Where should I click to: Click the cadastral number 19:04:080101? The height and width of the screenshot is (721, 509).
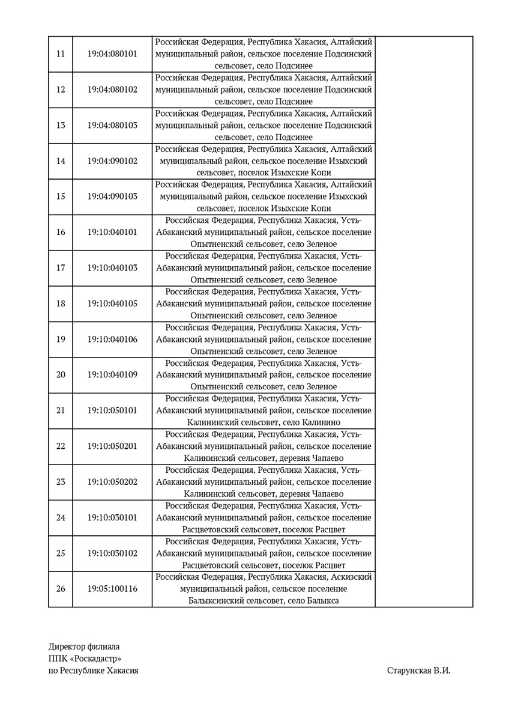[112, 54]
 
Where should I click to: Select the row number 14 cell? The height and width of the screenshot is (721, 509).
[61, 161]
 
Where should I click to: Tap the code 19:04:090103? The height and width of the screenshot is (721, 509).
[112, 196]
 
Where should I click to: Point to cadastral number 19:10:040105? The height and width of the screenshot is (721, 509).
[112, 303]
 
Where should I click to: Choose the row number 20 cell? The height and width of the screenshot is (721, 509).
[61, 375]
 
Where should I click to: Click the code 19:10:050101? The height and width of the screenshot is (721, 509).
[112, 410]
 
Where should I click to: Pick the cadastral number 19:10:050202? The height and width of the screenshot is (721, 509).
[112, 482]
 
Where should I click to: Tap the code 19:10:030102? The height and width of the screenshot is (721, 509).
[112, 553]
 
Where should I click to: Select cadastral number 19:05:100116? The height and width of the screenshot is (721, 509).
[112, 589]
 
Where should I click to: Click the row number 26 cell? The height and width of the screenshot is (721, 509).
[61, 589]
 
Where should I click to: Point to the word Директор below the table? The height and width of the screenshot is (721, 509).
[67, 647]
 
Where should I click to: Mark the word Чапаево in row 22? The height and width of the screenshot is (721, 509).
[328, 458]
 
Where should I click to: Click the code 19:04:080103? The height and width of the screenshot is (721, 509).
[112, 126]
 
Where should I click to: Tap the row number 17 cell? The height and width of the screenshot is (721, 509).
[61, 268]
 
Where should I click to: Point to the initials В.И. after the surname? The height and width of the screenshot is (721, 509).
[442, 671]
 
